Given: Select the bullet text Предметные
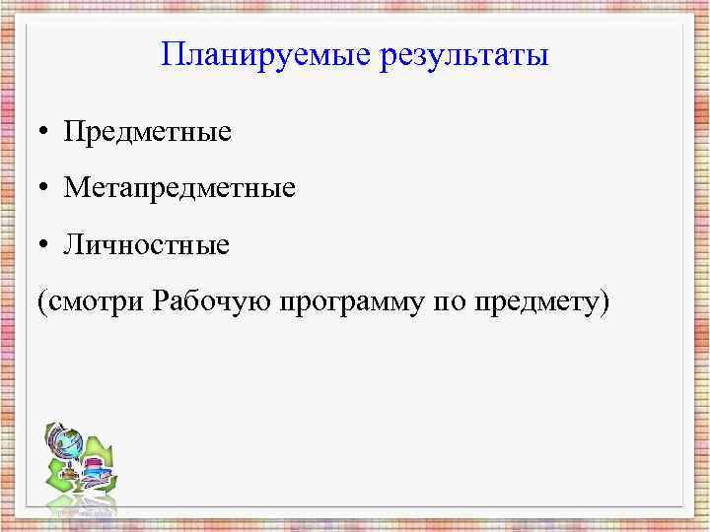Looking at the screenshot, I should pos(148,131).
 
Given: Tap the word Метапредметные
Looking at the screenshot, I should pos(179,187).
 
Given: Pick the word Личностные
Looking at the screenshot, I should pos(147,243).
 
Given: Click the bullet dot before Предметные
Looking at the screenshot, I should pos(46,132).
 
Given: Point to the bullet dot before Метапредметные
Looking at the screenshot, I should pos(46,188).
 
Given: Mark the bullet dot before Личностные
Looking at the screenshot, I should pos(46,244).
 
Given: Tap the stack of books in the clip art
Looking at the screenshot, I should pos(95,471).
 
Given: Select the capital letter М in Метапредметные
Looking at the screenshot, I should pos(77,187).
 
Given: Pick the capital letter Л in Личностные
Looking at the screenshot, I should pos(74,243).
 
